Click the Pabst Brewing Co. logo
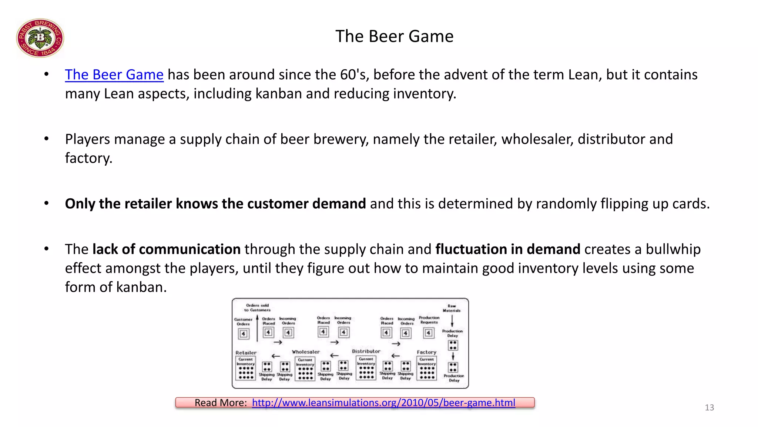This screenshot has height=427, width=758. coord(40,38)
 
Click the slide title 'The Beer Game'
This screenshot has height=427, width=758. coord(394,36)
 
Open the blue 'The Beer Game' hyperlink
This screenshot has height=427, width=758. coord(114,75)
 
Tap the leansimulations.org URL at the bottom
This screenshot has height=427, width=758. coord(383,403)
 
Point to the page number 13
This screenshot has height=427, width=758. coord(709,407)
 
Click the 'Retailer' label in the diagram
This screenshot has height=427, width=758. coord(246,352)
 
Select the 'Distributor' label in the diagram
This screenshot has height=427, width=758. coord(366,351)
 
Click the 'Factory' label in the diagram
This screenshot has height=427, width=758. coord(426,352)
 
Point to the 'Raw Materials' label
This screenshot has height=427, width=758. coord(452,308)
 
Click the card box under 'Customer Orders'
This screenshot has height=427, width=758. coord(243,334)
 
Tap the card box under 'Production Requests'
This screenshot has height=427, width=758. coord(428,333)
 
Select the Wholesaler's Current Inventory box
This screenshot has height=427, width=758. coord(305,369)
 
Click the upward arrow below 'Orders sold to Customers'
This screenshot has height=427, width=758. coord(257,328)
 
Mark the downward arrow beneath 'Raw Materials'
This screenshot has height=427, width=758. coord(452,321)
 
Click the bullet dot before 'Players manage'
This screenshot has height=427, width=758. coord(46,139)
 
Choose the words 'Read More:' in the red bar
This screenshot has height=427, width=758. coord(221,403)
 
